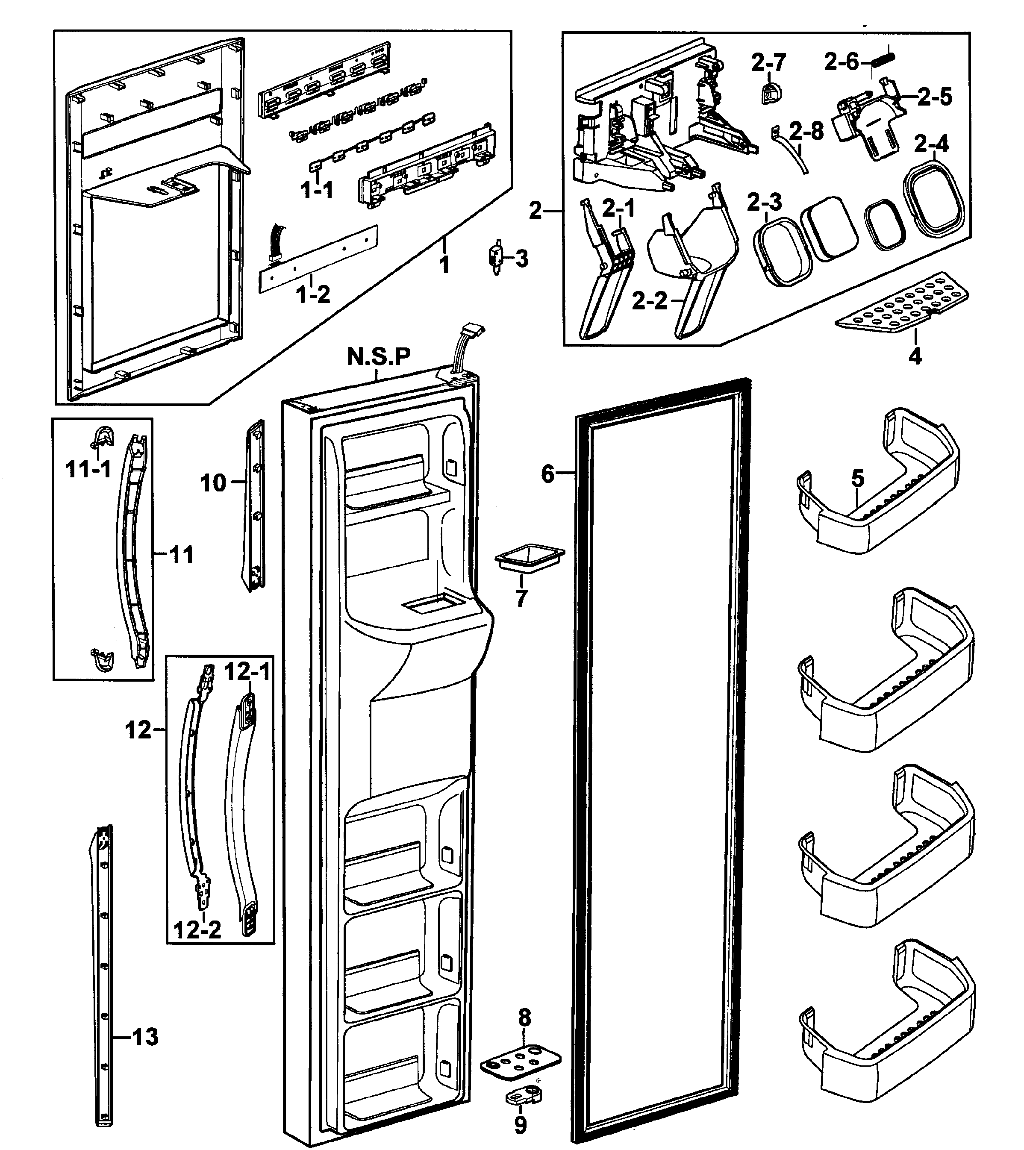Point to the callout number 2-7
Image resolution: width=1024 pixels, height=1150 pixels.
[768, 62]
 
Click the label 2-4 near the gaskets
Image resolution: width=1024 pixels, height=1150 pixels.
[931, 144]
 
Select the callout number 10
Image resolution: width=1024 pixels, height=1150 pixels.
[213, 483]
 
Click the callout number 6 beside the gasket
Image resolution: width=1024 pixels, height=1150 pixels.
[547, 474]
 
